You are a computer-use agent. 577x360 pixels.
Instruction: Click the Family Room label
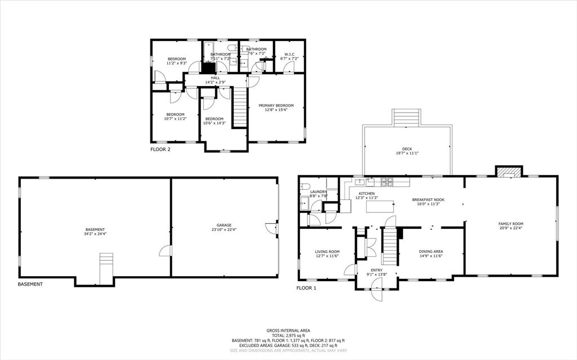(511, 224)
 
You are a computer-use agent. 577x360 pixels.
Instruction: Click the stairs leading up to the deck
(406, 117)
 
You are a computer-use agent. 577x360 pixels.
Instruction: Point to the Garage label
(224, 225)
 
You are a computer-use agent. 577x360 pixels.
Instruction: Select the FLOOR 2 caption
(160, 150)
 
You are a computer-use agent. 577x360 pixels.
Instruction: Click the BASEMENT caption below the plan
(30, 284)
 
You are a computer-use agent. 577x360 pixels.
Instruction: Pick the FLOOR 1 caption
(307, 288)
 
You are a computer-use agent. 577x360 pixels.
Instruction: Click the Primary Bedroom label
(276, 105)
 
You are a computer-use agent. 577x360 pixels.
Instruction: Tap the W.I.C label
(290, 54)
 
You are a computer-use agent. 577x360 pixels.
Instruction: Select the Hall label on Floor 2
(215, 78)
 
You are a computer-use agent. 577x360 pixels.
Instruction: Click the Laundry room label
(318, 192)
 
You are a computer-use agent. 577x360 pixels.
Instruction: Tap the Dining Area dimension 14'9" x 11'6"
(430, 256)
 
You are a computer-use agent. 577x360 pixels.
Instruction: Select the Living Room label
(327, 251)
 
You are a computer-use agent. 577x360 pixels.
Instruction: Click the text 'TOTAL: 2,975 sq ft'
(288, 335)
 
